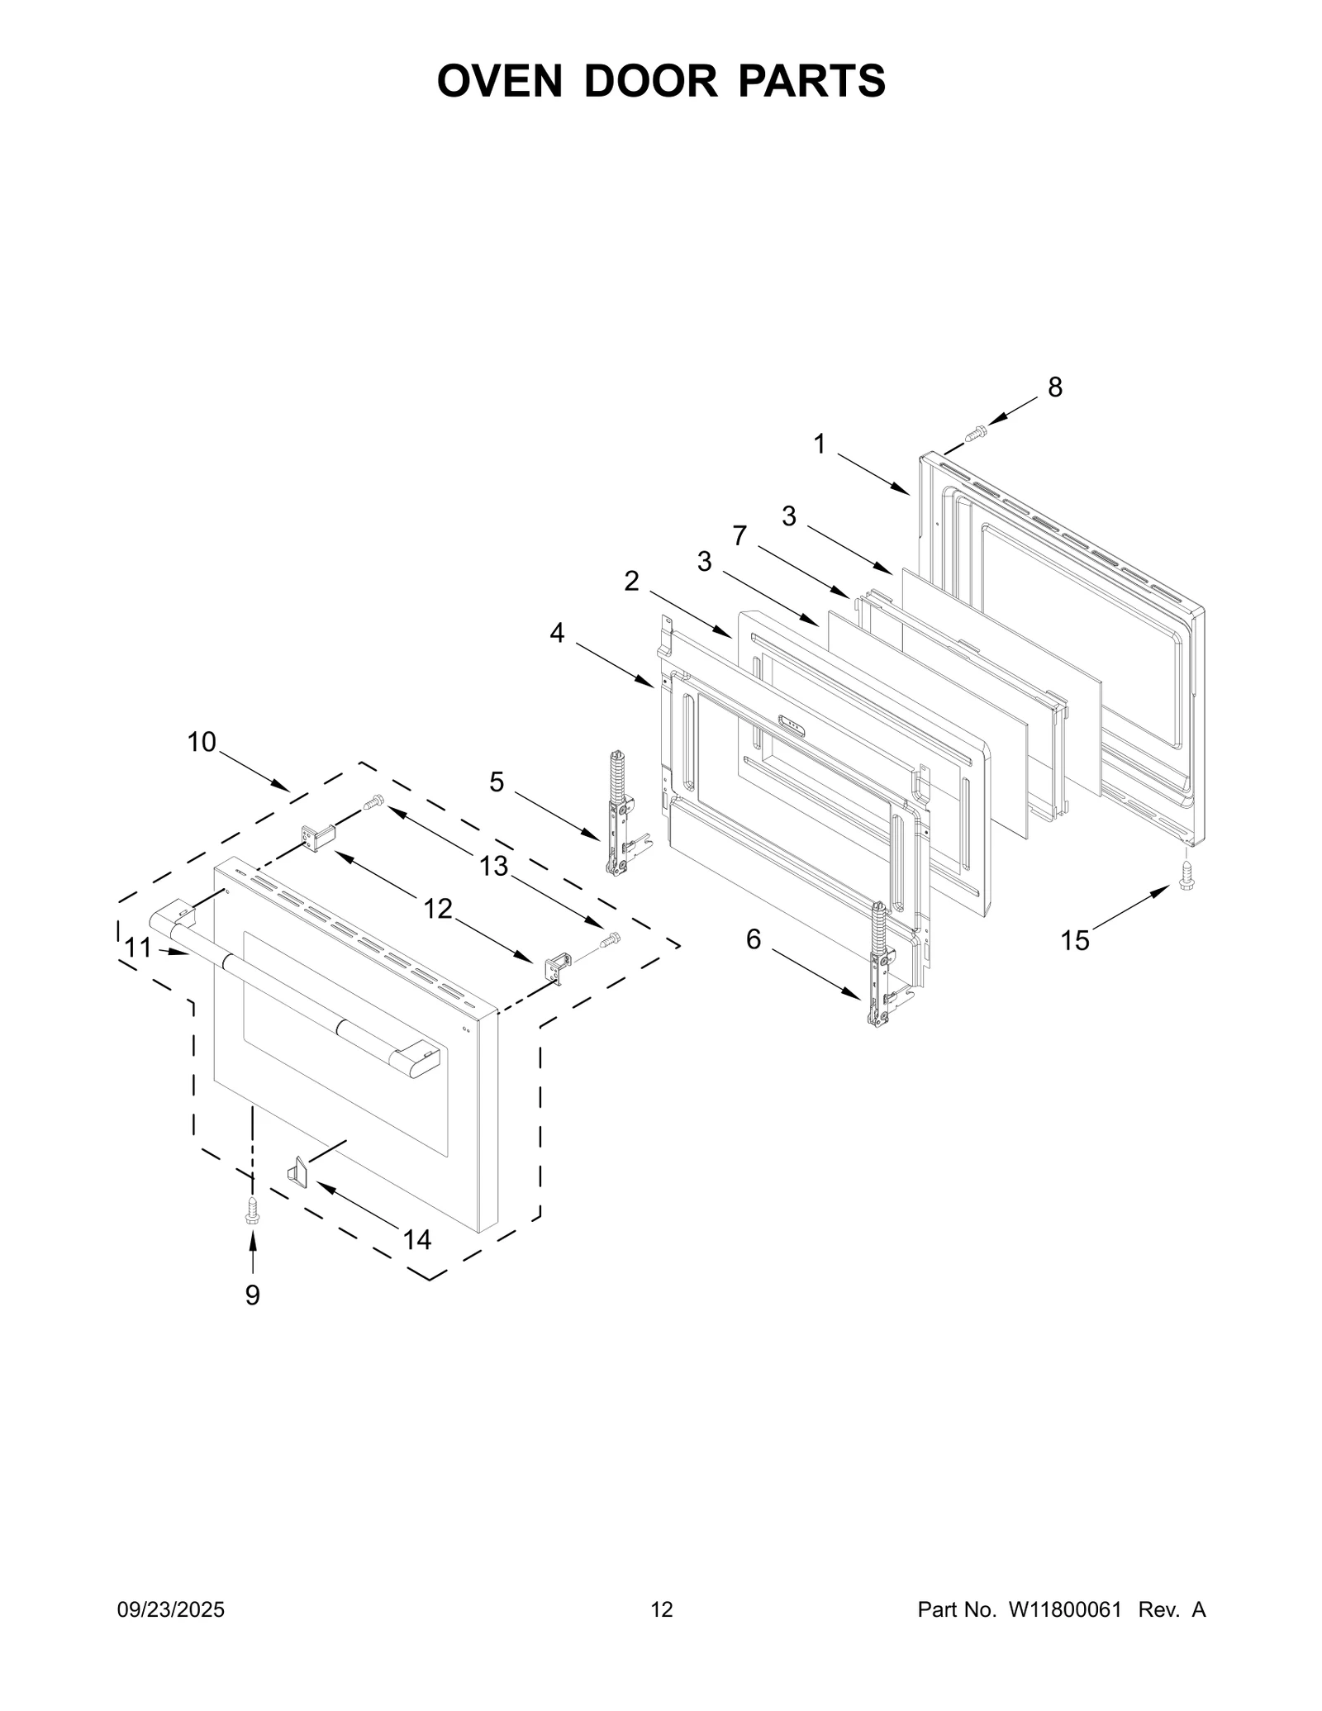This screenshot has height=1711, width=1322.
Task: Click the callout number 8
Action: coord(1055,387)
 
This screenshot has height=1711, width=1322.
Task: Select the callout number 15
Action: coord(1075,940)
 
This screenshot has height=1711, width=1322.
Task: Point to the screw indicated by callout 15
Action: coord(1187,875)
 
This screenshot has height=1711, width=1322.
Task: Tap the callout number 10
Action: coord(202,742)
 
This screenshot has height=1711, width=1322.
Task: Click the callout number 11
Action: coord(138,948)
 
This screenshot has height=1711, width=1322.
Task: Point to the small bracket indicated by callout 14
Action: coord(297,1172)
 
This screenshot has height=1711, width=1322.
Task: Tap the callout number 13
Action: coord(494,866)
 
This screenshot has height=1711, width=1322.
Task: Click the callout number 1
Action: coord(819,444)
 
